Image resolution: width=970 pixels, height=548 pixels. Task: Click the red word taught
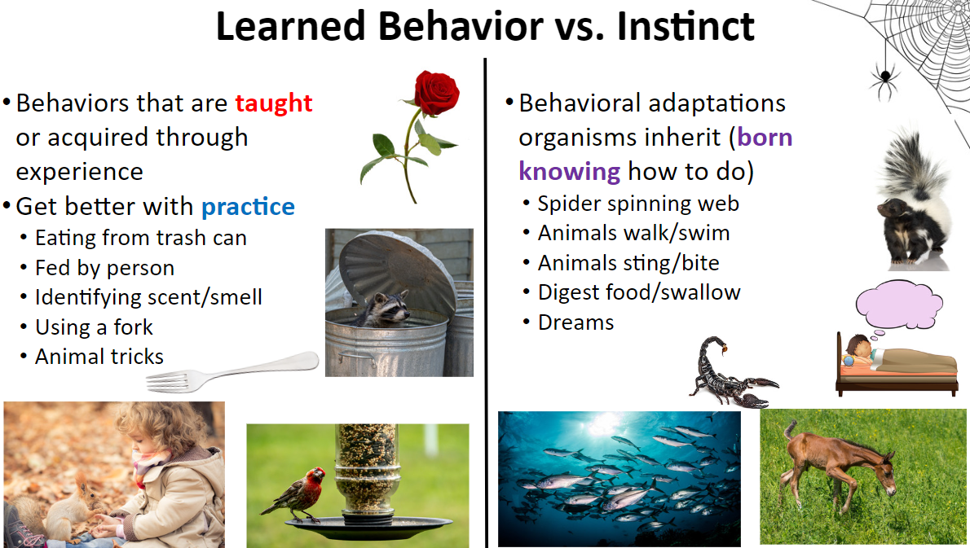[273, 103]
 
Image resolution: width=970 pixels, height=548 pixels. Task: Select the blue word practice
[248, 207]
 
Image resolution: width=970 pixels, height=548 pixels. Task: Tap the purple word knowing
[569, 172]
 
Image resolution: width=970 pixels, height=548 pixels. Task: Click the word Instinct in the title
[686, 27]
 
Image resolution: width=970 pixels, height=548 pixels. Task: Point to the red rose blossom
[437, 92]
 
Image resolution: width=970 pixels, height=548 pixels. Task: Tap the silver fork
[232, 373]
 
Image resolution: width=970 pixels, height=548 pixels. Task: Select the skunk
[912, 204]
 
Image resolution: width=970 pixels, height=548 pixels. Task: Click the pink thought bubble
[898, 304]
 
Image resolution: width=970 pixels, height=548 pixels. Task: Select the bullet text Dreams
[576, 322]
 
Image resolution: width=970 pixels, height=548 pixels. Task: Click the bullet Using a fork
[94, 327]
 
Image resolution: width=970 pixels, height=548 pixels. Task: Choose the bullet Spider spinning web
[638, 204]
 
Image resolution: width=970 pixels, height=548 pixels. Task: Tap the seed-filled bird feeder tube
[366, 470]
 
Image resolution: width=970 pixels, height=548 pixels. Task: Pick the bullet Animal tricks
[99, 357]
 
